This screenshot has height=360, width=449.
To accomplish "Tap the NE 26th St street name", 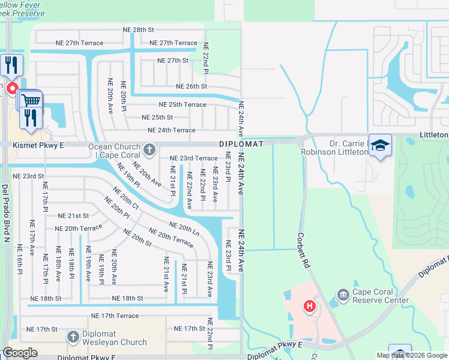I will pyautogui.click(x=191, y=86).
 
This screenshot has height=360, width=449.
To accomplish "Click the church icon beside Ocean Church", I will pyautogui.click(x=149, y=148).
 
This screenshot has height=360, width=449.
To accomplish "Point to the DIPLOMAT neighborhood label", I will pyautogui.click(x=241, y=145).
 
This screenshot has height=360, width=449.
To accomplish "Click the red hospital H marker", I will pyautogui.click(x=310, y=307).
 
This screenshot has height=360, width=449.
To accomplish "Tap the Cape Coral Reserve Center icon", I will pyautogui.click(x=343, y=294).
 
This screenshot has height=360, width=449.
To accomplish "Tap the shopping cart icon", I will pyautogui.click(x=30, y=100).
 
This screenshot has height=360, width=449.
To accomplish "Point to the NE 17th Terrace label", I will pyautogui.click(x=115, y=316).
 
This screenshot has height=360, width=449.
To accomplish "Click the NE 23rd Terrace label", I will pyautogui.click(x=193, y=158).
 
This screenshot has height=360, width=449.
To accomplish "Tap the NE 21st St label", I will pyautogui.click(x=73, y=215).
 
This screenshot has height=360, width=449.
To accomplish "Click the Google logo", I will pyautogui.click(x=20, y=353).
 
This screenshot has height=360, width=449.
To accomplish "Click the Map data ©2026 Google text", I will pyautogui.click(x=411, y=355).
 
